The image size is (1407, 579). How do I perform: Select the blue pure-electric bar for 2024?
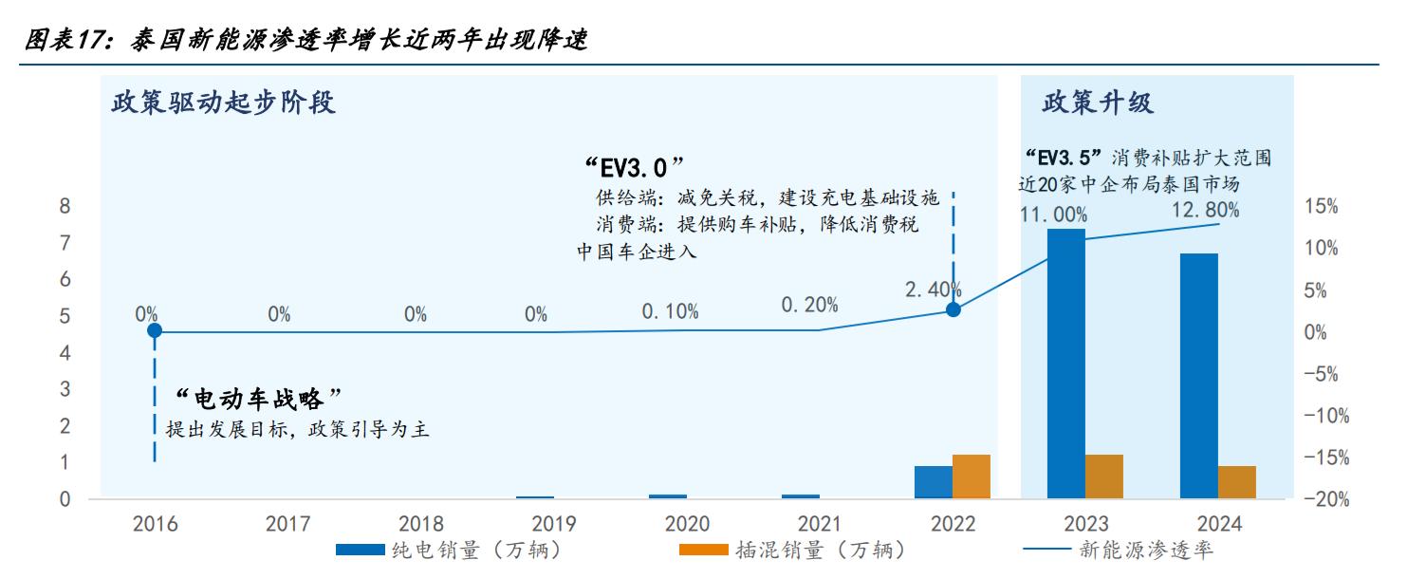coord(1199,375)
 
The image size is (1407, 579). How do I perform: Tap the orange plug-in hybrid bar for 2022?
coord(972,476)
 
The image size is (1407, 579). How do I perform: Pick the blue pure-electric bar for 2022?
coord(933,481)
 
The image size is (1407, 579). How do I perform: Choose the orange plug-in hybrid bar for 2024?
coord(1237,481)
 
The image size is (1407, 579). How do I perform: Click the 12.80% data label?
coord(1205,211)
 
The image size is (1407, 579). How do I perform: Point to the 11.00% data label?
coord(1053,215)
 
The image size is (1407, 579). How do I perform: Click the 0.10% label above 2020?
coord(670,310)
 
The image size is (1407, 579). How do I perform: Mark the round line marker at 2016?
coord(155,330)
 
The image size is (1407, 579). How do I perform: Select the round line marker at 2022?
coord(953,309)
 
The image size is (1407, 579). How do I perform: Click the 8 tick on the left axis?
coord(65,206)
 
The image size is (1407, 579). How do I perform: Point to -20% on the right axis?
coord(1325,499)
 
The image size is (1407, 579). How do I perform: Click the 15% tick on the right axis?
coord(1322,207)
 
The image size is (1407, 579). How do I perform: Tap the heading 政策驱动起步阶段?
coord(224,103)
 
